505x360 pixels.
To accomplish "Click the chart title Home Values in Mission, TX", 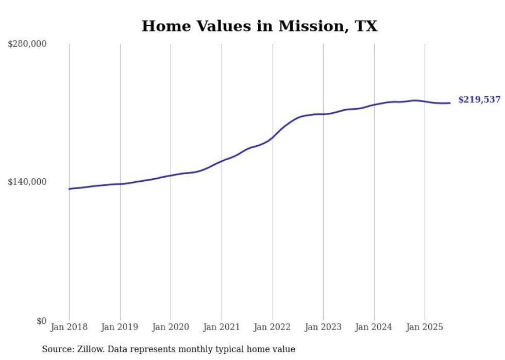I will pos(259,26).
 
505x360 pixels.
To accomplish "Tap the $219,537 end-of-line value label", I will pos(479,100).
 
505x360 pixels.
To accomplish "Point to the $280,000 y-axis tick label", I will pos(27,44).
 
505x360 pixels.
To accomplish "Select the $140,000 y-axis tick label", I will pos(27,182).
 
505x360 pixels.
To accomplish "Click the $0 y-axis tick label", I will pos(41,321).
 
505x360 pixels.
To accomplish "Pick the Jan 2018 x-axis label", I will pos(69,327).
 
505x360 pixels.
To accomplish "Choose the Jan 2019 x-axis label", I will pos(120,327).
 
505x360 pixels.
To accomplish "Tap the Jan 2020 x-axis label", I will pos(171,327).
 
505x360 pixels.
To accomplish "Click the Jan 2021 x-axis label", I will pos(222,327).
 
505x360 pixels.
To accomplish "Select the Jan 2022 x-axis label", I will pos(273,327).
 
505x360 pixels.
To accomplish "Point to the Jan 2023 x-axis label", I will pos(323,327).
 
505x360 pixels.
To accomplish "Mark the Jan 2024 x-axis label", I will pos(374,327).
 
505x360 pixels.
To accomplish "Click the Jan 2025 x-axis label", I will pos(425,327).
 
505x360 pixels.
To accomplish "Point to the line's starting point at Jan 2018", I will pos(70,189).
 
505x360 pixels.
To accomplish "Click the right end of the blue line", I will pos(450,103).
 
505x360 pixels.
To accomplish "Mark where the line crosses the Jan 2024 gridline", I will pos(374,105).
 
